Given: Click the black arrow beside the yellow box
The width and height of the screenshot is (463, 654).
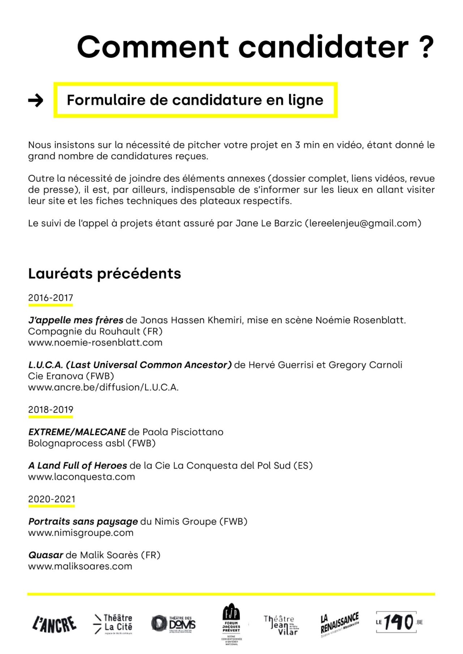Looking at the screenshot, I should pyautogui.click(x=35, y=100).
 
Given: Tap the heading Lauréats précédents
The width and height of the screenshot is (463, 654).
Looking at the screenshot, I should pyautogui.click(x=105, y=274).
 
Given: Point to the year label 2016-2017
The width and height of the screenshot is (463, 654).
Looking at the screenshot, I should pyautogui.click(x=51, y=298).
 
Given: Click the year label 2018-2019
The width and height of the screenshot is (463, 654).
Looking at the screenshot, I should pyautogui.click(x=51, y=410).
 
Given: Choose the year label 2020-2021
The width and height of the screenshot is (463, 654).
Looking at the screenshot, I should pyautogui.click(x=52, y=499).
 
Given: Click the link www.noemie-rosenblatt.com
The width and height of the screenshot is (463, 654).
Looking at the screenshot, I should pyautogui.click(x=95, y=343).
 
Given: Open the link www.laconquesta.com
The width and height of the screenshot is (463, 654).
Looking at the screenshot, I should pyautogui.click(x=81, y=477).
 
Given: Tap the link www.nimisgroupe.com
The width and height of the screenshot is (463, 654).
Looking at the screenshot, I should pyautogui.click(x=81, y=533).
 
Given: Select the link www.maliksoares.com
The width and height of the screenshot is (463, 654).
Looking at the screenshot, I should pyautogui.click(x=80, y=567).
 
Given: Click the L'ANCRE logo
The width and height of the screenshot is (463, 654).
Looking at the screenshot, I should pyautogui.click(x=55, y=624).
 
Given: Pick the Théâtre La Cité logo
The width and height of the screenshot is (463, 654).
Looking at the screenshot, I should pyautogui.click(x=113, y=624).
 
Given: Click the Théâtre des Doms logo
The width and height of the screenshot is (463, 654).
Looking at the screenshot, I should pyautogui.click(x=174, y=624).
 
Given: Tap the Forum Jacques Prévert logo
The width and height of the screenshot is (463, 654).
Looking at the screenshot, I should pyautogui.click(x=231, y=624).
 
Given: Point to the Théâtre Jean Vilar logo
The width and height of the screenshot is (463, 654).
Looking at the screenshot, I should pyautogui.click(x=281, y=625).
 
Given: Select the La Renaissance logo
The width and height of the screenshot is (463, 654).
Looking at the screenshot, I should pyautogui.click(x=339, y=624).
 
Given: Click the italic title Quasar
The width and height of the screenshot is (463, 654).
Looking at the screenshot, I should pyautogui.click(x=46, y=555).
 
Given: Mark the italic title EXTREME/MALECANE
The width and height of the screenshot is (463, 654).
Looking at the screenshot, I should pyautogui.click(x=77, y=432).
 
